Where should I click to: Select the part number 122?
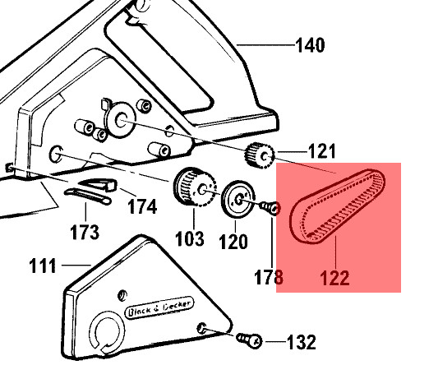332,278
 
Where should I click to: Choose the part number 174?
141,206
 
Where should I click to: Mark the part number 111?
41,266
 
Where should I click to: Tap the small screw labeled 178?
270,210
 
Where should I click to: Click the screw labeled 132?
247,339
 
